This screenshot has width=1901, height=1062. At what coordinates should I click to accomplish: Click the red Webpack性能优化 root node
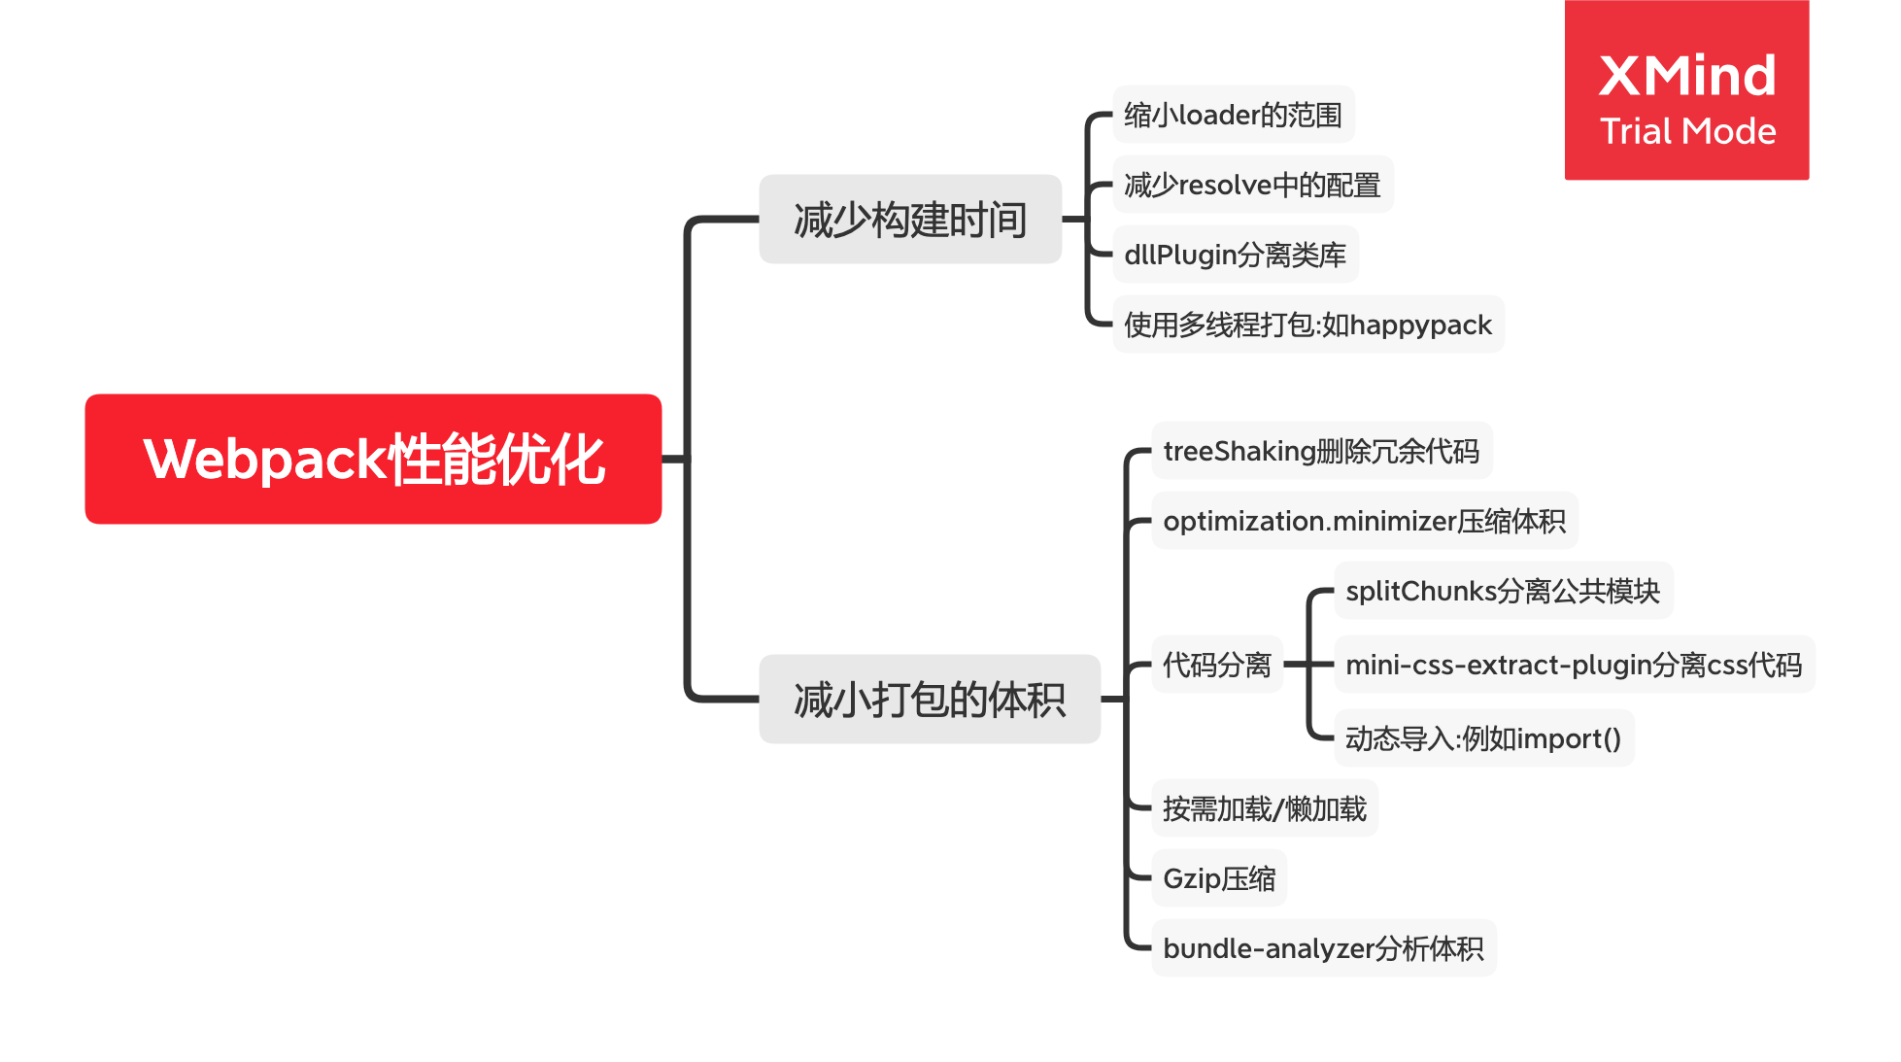(x=373, y=459)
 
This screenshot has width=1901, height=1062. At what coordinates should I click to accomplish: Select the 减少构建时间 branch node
(x=910, y=220)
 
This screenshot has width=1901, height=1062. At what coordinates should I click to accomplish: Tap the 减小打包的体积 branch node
(x=930, y=700)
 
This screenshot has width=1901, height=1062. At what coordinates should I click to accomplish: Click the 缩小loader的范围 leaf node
(x=1233, y=115)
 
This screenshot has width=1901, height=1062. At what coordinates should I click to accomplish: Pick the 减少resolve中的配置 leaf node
(x=1252, y=185)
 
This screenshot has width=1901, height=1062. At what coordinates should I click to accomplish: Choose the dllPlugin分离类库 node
(x=1235, y=255)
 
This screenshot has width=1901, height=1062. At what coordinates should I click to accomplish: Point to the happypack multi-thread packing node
(x=1307, y=325)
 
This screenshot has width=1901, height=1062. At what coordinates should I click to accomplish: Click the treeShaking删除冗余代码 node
(x=1321, y=451)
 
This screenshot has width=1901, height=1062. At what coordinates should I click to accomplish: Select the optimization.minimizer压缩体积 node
(x=1364, y=521)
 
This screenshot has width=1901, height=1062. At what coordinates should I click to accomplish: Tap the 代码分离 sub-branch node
(x=1217, y=665)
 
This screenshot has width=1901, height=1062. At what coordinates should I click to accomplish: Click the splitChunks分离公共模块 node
(x=1503, y=591)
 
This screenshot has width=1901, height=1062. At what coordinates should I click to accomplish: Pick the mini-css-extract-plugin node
(x=1574, y=665)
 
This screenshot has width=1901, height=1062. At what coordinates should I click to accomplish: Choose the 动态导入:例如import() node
(x=1483, y=738)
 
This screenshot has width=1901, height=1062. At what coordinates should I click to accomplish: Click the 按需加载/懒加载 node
(x=1265, y=808)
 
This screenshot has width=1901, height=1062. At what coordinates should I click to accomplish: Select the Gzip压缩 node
(x=1219, y=878)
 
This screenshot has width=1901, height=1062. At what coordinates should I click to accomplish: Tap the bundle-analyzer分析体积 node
(x=1323, y=948)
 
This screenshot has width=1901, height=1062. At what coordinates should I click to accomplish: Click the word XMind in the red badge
(x=1687, y=76)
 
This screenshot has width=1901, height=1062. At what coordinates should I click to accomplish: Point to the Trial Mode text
(x=1687, y=131)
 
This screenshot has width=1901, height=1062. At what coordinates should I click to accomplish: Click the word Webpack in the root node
(x=265, y=460)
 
